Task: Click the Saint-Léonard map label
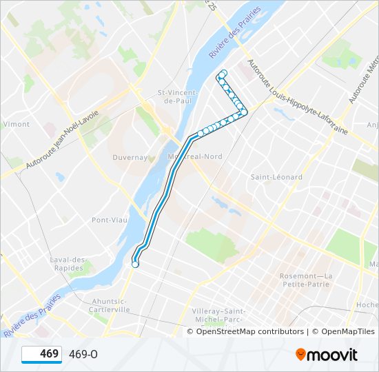tap(276, 177)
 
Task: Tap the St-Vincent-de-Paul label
tap(178, 96)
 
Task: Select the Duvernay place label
tap(130, 157)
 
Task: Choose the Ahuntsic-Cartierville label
tap(109, 305)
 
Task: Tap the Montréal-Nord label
tap(200, 156)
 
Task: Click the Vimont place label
tap(17, 125)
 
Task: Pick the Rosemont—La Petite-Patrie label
tap(306, 280)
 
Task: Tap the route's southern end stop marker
tap(135, 264)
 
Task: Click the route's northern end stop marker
tap(223, 73)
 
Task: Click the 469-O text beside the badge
tap(83, 354)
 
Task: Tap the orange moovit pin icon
tap(300, 355)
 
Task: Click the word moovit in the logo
tap(333, 355)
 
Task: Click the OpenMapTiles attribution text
tap(342, 331)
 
